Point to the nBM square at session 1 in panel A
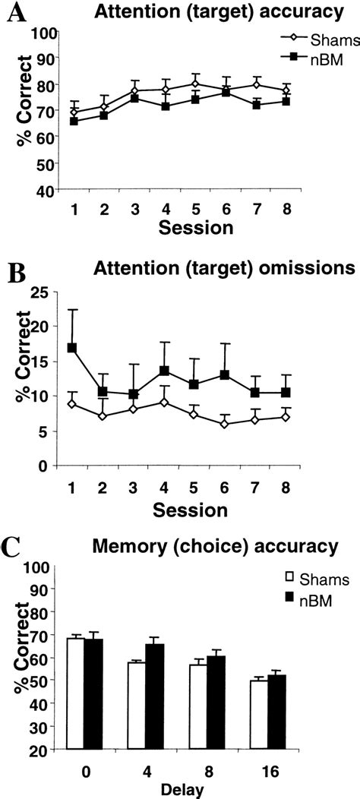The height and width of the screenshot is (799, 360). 74,121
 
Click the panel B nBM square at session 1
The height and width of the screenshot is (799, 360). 72,348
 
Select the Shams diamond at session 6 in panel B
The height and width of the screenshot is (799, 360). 226,424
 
